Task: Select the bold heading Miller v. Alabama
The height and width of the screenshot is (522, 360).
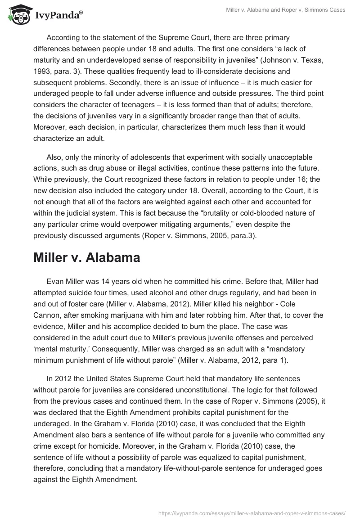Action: point(86,258)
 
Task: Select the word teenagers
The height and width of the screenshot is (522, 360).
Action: point(130,105)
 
